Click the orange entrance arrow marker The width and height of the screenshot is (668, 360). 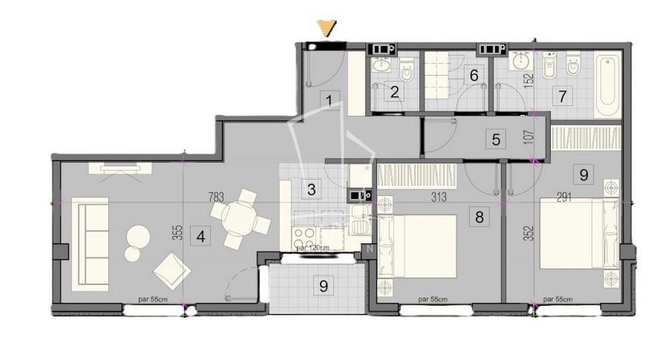(326, 28)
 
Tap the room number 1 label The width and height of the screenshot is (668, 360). (329, 102)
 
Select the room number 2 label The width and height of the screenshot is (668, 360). (395, 92)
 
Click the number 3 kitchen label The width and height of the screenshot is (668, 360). (311, 189)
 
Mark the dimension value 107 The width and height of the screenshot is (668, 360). (528, 140)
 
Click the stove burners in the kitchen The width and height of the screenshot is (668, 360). (304, 238)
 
